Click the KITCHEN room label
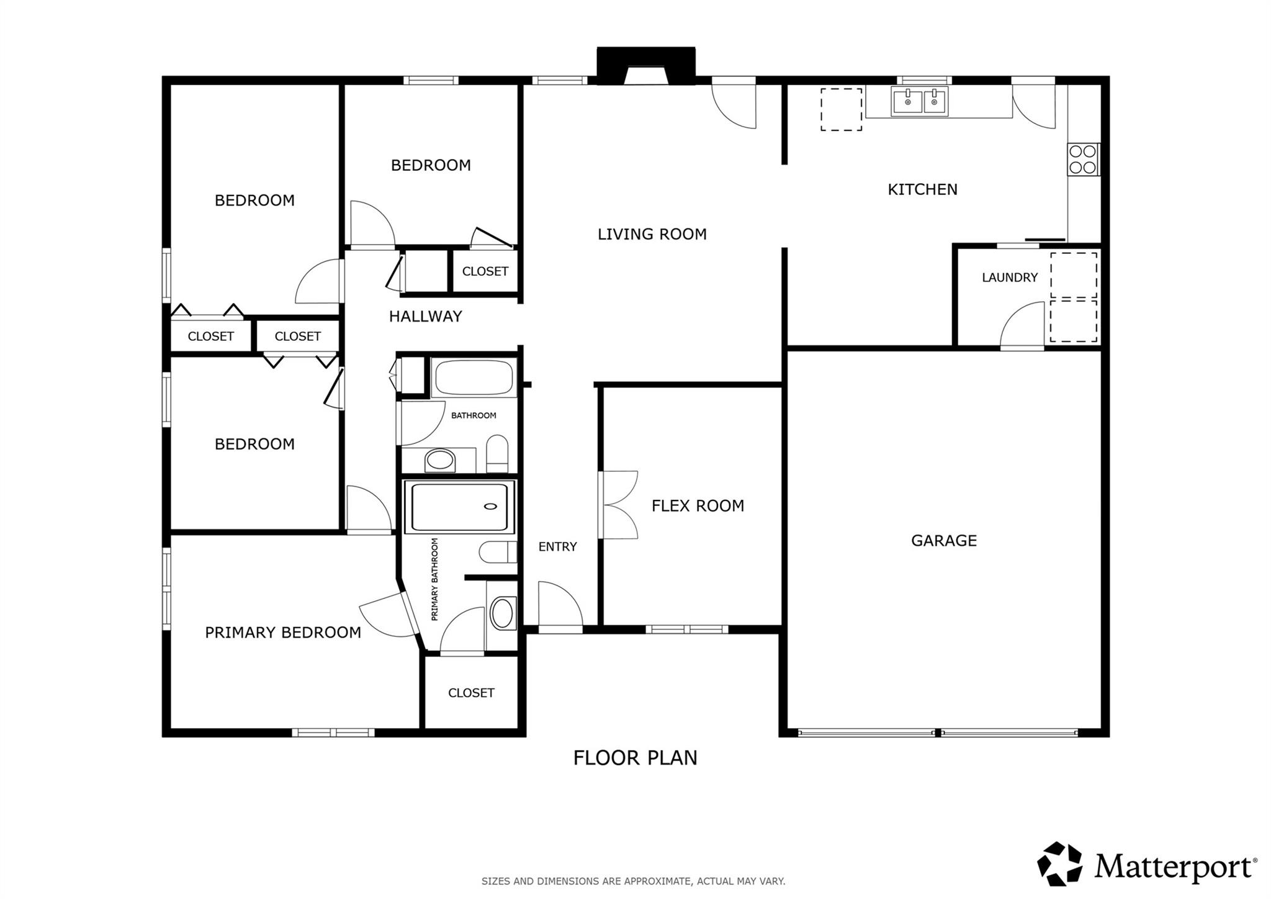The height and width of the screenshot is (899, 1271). click(x=922, y=189)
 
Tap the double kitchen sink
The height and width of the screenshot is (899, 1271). click(x=920, y=101)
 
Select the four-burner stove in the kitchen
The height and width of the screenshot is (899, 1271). click(x=1082, y=159)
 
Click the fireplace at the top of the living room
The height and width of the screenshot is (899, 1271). click(x=645, y=66)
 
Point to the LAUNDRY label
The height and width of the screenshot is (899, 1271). click(x=1009, y=278)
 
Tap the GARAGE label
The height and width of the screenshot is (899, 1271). click(x=943, y=540)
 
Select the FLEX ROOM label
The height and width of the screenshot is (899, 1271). click(x=698, y=505)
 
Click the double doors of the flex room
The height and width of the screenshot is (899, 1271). click(x=619, y=504)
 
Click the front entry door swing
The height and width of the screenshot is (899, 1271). click(x=559, y=606)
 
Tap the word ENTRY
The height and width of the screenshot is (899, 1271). click(x=557, y=546)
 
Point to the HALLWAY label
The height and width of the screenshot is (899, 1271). click(x=425, y=317)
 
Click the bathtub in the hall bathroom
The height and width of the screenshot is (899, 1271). click(x=474, y=377)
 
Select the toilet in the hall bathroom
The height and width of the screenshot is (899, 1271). click(x=497, y=453)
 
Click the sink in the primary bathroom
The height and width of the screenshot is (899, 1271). click(x=502, y=613)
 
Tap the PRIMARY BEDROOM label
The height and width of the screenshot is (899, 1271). click(x=283, y=632)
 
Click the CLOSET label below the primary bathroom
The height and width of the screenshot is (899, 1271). click(x=471, y=692)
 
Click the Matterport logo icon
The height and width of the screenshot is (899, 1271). click(x=1059, y=864)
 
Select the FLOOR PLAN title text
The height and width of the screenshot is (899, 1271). click(x=635, y=757)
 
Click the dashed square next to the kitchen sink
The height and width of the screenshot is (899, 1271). click(x=841, y=109)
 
